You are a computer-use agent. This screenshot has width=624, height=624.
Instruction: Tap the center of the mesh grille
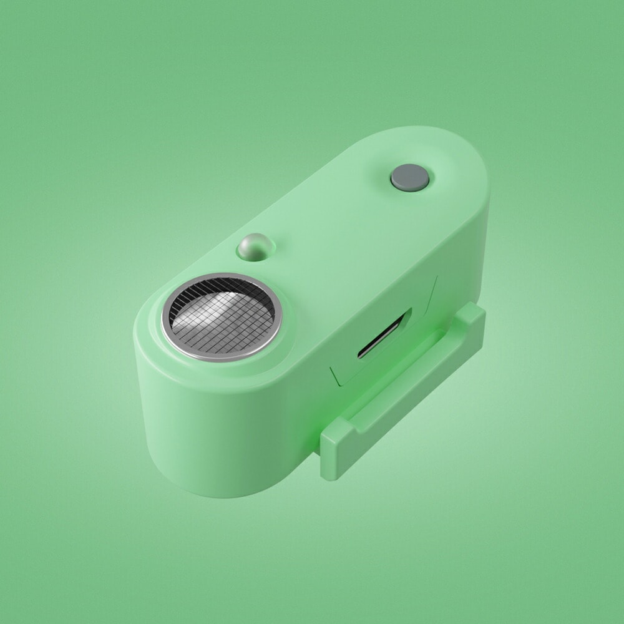[222, 316]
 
